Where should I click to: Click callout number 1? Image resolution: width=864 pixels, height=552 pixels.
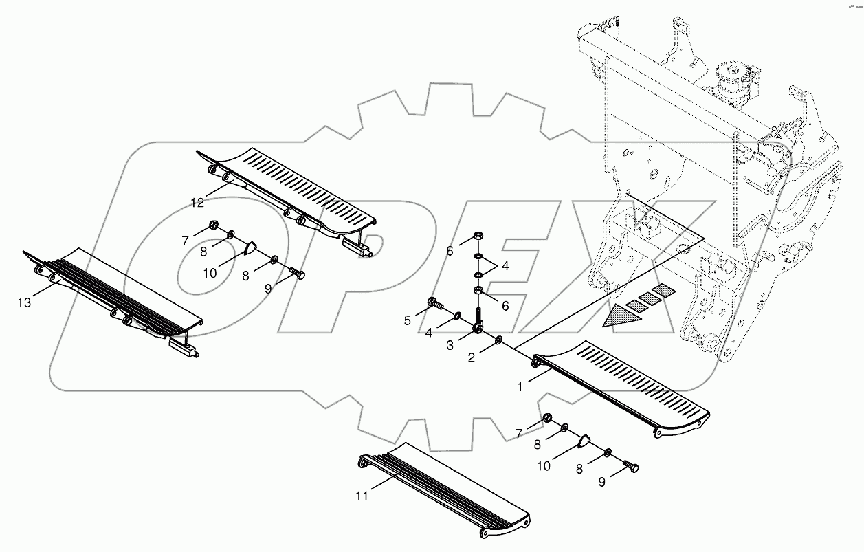coord(520,387)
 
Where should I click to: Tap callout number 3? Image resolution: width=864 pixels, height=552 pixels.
coord(451,346)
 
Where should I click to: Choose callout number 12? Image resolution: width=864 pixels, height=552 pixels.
coord(198,203)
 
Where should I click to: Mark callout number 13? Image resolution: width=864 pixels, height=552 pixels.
coord(24,302)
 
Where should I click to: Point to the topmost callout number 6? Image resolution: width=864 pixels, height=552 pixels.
coord(450,252)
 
